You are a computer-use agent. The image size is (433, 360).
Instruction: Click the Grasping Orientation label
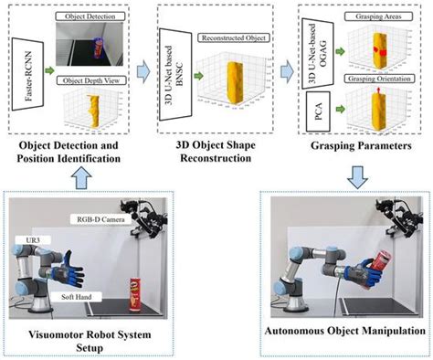pos(373,79)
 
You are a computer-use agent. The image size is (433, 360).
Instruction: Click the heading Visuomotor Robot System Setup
pos(79,339)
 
